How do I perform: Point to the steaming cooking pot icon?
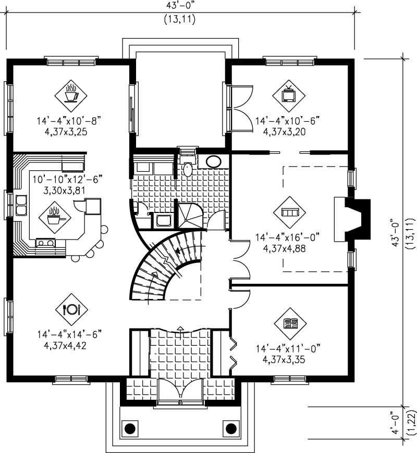pos(54,216)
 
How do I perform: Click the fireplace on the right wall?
pos(352,219)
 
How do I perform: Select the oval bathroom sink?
pos(213,161)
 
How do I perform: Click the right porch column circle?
pos(230,429)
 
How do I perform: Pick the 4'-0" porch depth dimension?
pos(397,424)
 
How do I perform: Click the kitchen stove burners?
pos(45,243)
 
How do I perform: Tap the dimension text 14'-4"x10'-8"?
pos(68,121)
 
